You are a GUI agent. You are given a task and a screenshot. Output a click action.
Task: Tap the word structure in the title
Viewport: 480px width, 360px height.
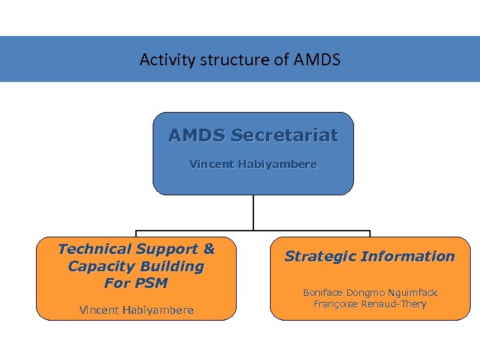228,60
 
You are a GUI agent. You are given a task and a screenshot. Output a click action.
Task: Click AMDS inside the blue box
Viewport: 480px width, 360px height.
197,136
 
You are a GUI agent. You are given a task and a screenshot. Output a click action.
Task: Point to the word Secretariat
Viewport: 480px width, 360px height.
284,136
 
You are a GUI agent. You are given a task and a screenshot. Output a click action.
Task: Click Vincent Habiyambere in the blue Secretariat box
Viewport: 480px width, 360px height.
253,164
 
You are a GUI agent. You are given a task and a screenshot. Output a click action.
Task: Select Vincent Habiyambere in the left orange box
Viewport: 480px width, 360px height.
137,310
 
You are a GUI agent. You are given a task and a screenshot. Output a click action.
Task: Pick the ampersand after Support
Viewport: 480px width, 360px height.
209,249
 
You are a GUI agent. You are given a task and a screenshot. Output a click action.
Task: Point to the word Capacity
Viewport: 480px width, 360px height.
98,267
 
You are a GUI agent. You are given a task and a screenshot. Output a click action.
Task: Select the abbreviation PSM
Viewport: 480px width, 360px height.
151,283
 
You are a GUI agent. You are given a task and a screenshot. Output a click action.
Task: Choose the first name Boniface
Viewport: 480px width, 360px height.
325,293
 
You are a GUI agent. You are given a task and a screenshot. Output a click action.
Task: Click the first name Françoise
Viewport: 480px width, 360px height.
338,305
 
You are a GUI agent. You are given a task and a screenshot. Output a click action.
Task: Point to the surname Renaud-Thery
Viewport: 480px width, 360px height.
396,305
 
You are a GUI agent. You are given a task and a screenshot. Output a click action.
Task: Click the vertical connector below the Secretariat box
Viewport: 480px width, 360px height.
253,212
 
